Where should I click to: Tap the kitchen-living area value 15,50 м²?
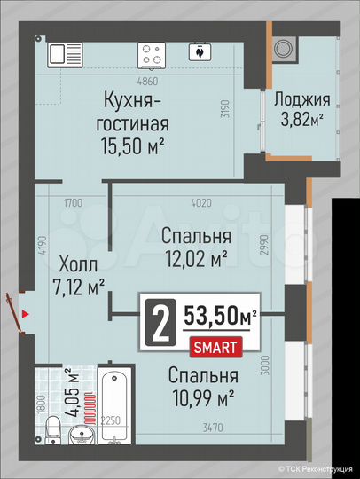(133, 143)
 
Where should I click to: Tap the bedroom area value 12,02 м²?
(196, 255)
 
